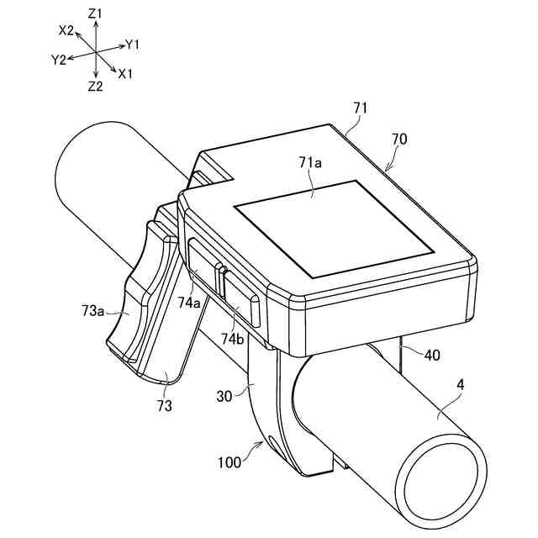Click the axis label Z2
point(95,86)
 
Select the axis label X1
point(126,74)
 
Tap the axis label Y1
point(133,43)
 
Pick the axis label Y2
point(58,60)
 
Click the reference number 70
point(399,139)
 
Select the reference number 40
point(431,355)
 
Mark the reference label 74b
point(233,338)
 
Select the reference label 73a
point(93,311)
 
